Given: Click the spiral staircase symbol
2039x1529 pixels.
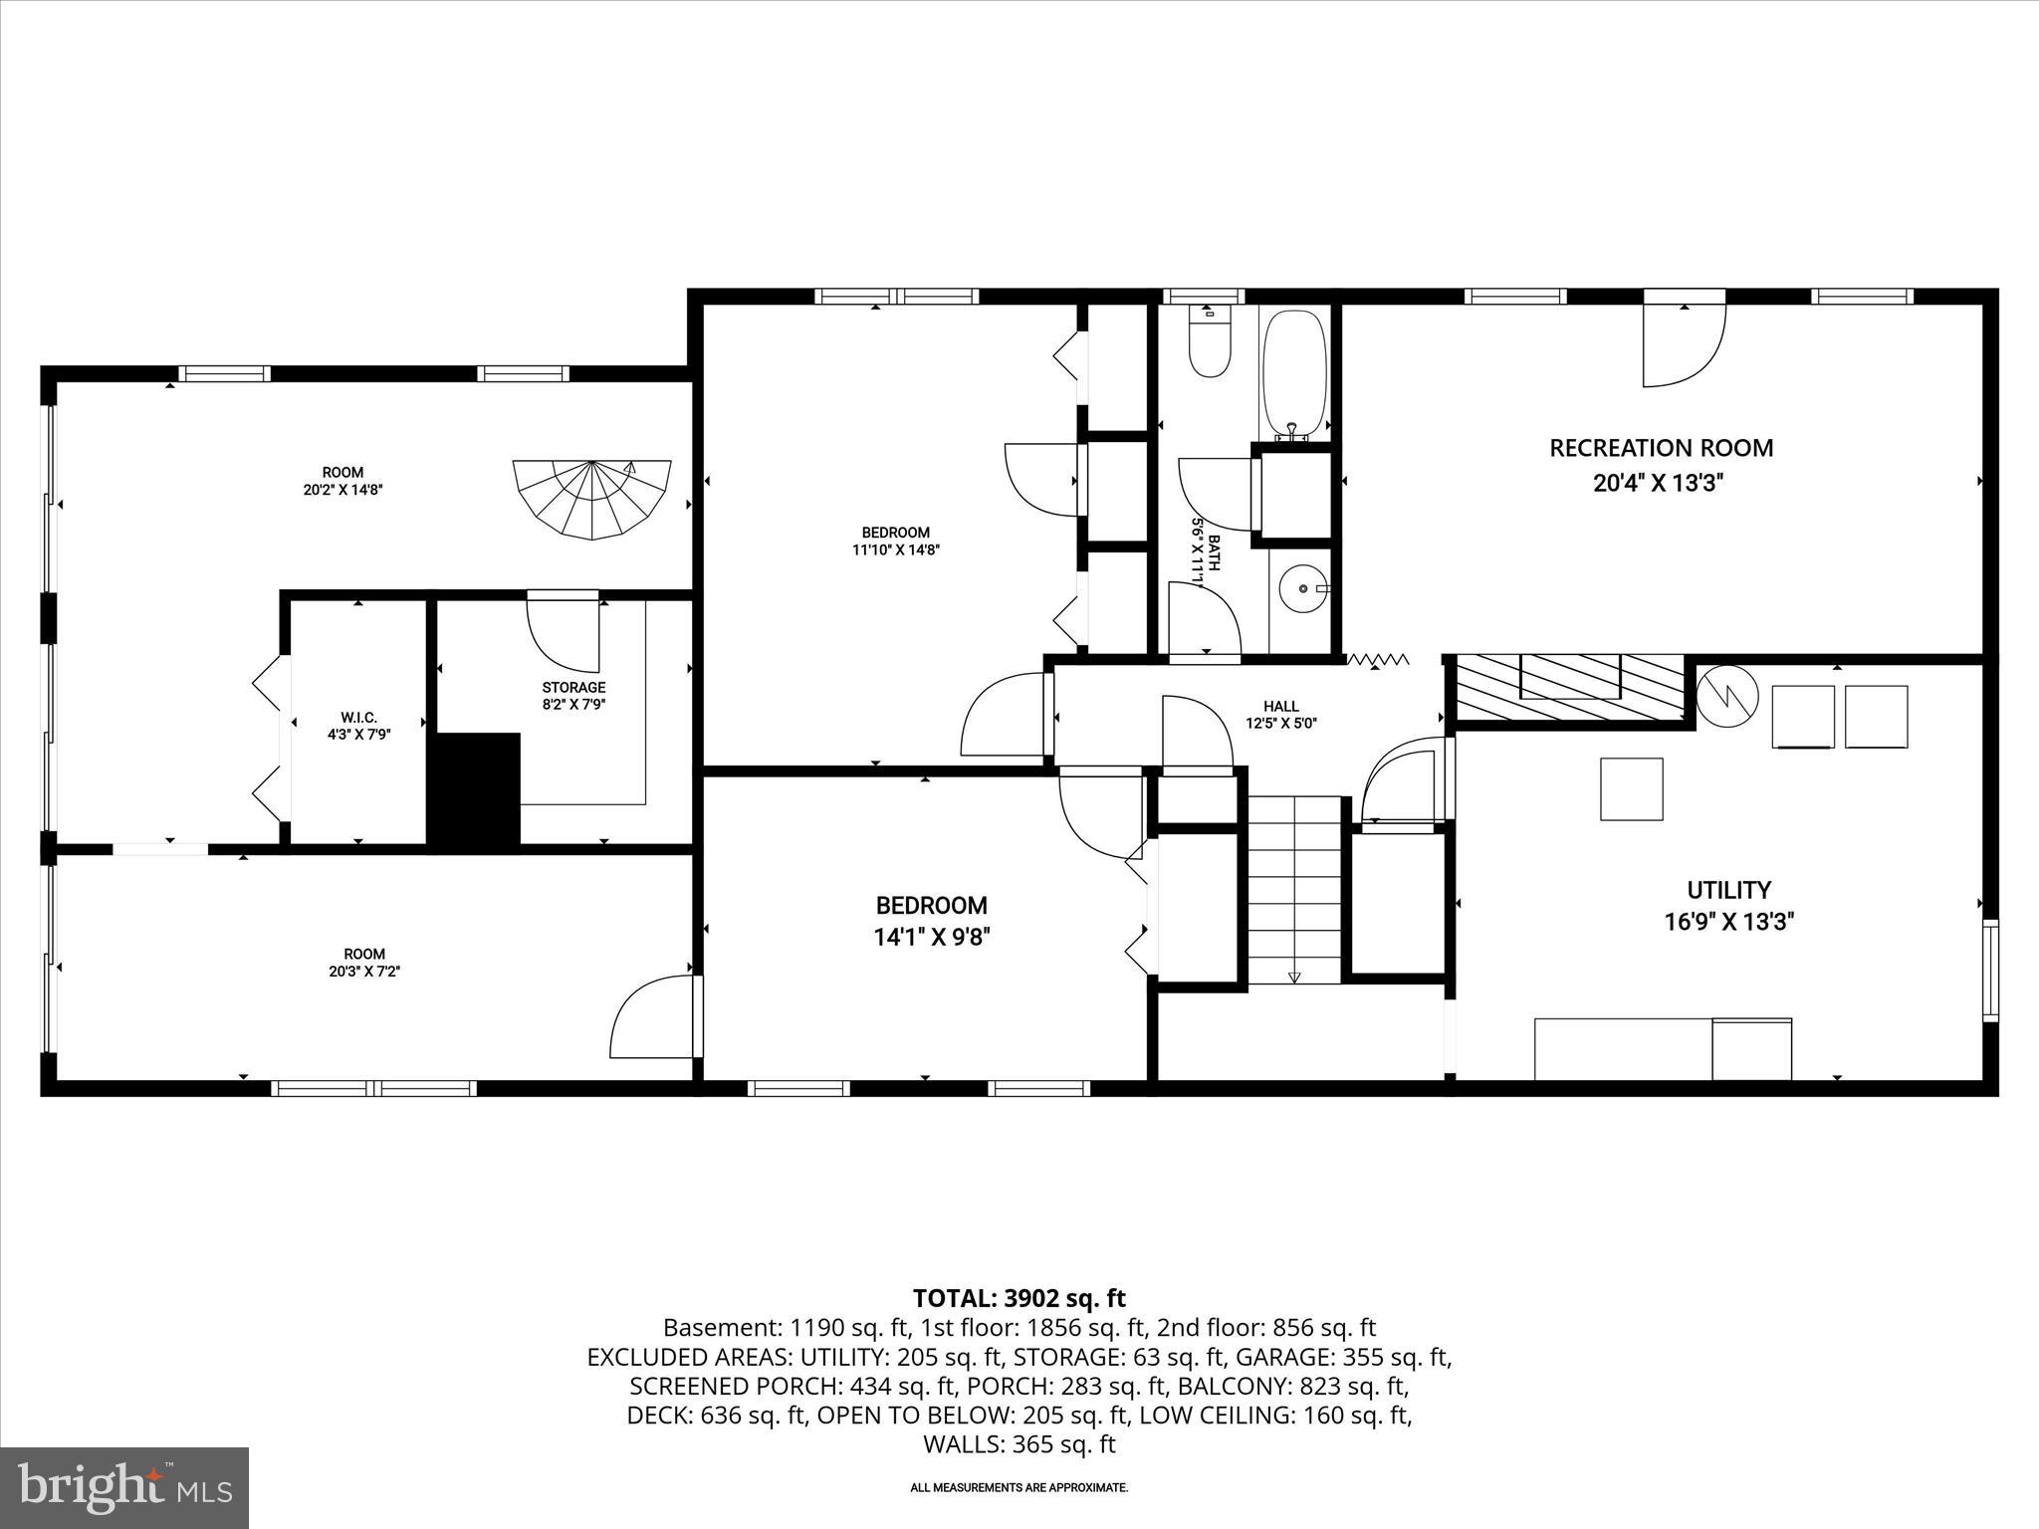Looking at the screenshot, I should tap(592, 499).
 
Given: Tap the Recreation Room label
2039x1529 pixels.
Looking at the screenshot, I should tap(1661, 448).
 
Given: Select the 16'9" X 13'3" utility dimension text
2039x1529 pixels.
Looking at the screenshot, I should tap(1728, 922).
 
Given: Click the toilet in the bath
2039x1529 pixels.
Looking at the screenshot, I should tap(1210, 343).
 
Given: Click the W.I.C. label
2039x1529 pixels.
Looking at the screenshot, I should tap(358, 718).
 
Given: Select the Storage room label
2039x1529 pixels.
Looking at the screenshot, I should tap(573, 687).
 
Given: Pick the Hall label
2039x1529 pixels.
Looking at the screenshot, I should tap(1280, 707).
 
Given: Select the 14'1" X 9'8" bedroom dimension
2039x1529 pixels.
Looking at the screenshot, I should tap(932, 937).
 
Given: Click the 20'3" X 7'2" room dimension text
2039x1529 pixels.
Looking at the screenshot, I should tap(364, 971).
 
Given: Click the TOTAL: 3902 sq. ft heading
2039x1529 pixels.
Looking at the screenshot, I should tap(1019, 1298).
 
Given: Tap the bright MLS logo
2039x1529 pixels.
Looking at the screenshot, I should tap(124, 1487).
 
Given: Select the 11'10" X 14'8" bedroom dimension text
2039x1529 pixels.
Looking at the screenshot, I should tap(895, 548).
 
